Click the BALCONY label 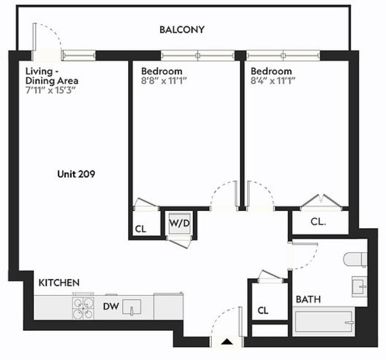[182, 30]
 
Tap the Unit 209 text [76, 174]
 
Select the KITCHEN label [59, 283]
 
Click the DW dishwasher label [111, 306]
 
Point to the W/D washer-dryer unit [179, 224]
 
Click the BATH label [308, 299]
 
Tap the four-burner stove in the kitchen [83, 308]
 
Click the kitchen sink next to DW [132, 307]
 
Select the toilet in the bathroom [355, 259]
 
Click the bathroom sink [359, 287]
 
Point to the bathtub [323, 322]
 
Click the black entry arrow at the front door [226, 342]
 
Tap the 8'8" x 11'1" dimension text [164, 81]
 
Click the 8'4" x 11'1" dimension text [273, 81]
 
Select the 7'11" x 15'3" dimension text [50, 91]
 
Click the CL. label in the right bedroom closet [318, 222]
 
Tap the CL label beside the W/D [141, 229]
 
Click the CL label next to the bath [263, 310]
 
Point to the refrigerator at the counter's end [168, 306]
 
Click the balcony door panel [34, 41]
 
